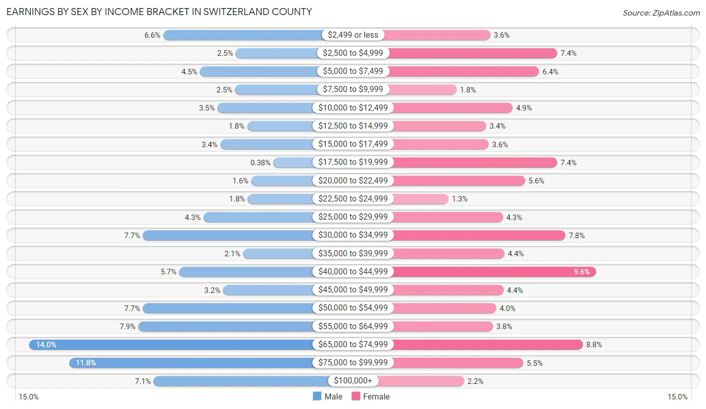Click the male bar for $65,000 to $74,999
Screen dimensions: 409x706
[171, 345]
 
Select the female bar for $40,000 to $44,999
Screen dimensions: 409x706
[492, 272]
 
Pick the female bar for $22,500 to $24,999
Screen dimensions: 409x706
[420, 199]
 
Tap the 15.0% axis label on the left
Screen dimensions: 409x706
[29, 397]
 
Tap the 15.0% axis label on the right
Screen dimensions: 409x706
[677, 397]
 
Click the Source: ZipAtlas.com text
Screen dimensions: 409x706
[661, 13]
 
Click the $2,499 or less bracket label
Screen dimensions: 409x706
[353, 35]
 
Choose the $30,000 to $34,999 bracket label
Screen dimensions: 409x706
[353, 235]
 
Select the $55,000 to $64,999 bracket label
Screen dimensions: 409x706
[353, 327]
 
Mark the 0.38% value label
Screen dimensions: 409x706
[261, 163]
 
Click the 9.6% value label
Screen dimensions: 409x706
[582, 272]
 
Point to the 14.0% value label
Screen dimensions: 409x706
[46, 345]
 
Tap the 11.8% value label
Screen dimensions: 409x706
[86, 363]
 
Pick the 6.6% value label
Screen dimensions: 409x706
[152, 35]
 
